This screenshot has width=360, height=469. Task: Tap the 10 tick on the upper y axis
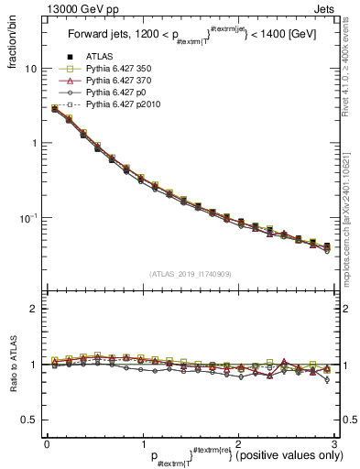click(30, 69)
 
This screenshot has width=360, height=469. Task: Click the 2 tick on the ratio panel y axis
click(33, 309)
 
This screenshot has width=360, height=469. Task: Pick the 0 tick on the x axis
click(47, 443)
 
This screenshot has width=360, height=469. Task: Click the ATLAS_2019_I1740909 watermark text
click(189, 274)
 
